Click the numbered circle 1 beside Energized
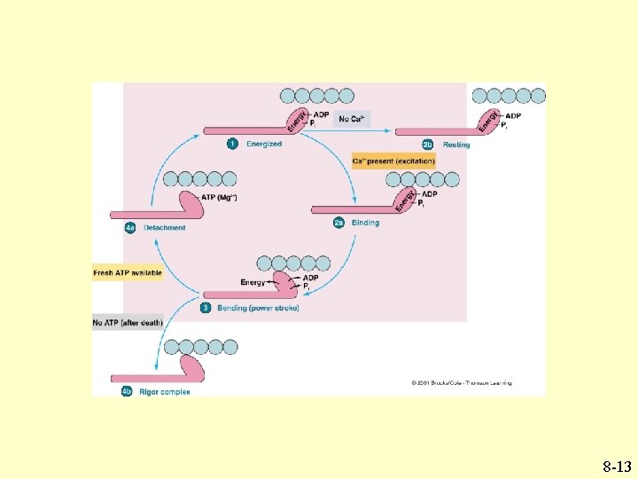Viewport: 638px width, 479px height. (x=232, y=144)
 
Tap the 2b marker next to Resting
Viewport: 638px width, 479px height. (x=427, y=145)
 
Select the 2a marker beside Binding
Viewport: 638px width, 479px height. (x=338, y=223)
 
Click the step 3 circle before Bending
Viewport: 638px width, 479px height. (x=206, y=308)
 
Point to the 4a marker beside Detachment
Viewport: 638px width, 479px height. (x=129, y=228)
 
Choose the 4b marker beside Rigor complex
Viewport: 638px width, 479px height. (x=128, y=391)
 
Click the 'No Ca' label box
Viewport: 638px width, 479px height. (x=352, y=119)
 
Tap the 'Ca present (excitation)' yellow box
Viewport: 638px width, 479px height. (x=393, y=161)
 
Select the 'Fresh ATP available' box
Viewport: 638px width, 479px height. (x=128, y=273)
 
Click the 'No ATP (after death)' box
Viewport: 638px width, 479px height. (x=128, y=323)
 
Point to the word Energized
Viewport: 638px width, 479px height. (x=264, y=144)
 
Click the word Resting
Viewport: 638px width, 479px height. (x=456, y=145)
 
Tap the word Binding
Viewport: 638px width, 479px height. (x=365, y=223)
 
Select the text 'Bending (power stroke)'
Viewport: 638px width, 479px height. (x=258, y=308)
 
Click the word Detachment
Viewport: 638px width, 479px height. (x=164, y=228)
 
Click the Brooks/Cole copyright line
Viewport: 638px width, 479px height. (x=461, y=383)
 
